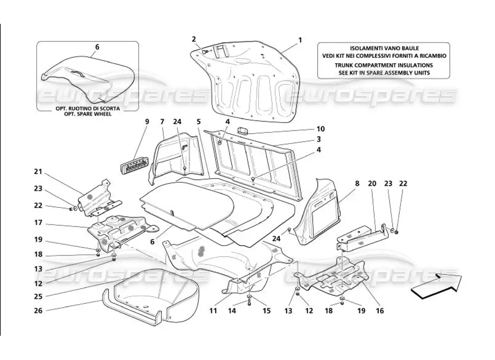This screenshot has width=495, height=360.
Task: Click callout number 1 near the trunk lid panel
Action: point(300,40)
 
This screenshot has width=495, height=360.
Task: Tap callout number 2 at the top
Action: point(194,39)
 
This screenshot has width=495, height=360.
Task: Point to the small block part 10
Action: point(245,131)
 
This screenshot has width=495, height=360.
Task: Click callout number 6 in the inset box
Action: point(97,46)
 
